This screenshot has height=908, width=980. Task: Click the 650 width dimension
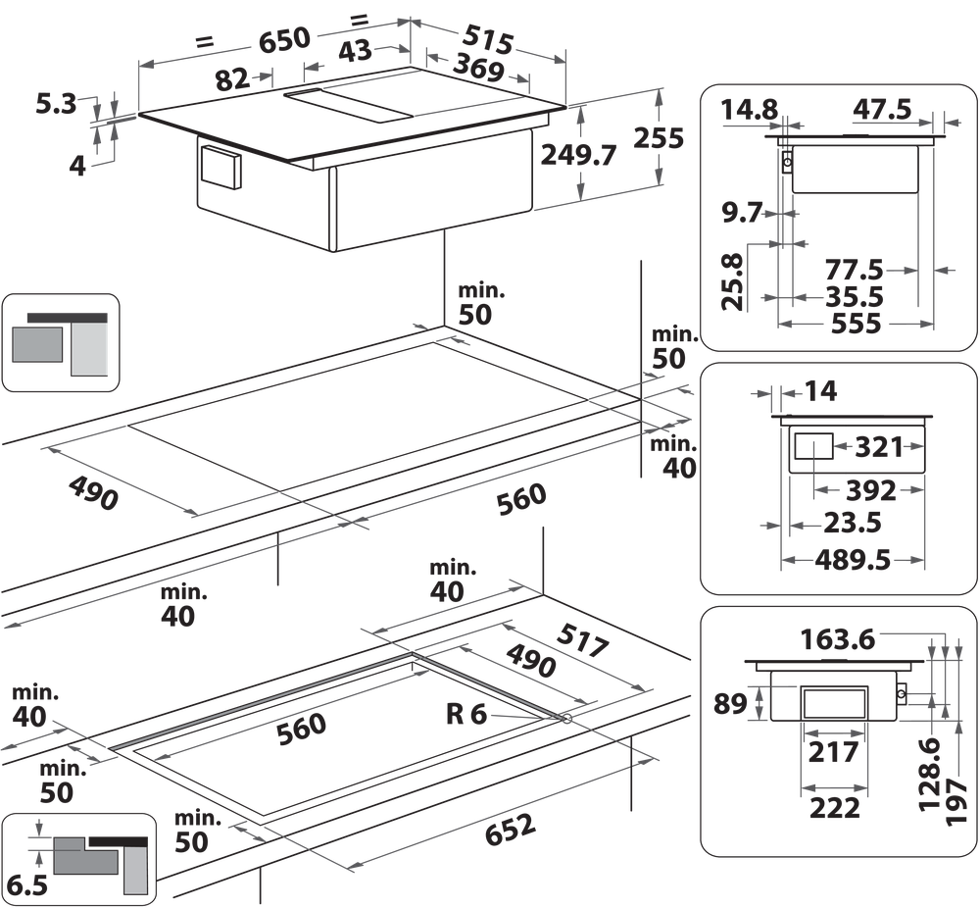(283, 39)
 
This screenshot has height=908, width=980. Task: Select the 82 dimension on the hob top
(232, 81)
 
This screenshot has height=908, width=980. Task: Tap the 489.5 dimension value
(852, 560)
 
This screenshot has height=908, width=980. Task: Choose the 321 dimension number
(877, 447)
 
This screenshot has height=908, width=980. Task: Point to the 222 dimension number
(835, 807)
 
